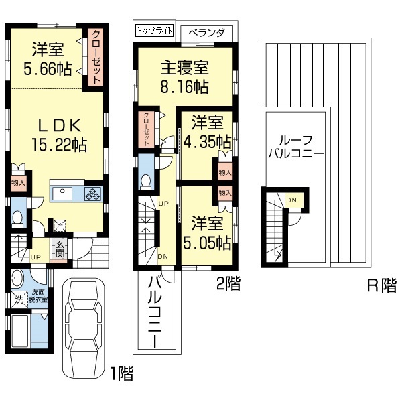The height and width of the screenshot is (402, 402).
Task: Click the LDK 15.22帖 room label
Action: (x=59, y=135)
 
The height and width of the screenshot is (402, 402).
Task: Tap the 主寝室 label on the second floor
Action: (x=185, y=68)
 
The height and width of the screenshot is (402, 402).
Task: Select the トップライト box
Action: (x=154, y=31)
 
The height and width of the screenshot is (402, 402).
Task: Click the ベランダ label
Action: (x=206, y=33)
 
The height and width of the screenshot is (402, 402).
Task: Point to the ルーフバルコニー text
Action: (x=296, y=147)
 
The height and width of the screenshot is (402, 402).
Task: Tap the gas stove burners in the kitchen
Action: (x=93, y=194)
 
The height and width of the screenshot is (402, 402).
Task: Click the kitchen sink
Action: (x=62, y=194)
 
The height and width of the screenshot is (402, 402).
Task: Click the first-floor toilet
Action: (x=17, y=218)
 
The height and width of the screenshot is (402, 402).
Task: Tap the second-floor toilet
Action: (x=145, y=182)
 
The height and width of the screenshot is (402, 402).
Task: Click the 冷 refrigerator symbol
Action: (x=60, y=226)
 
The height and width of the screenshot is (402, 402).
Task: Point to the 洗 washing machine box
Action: (x=19, y=299)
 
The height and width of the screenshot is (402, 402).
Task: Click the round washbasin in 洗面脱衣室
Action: (x=17, y=278)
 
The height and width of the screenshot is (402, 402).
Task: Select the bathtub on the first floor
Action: (x=17, y=331)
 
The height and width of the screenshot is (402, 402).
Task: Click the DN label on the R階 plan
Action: (x=291, y=200)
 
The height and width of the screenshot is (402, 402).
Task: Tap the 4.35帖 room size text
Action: (x=208, y=142)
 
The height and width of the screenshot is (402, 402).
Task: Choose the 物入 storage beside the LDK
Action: (x=18, y=183)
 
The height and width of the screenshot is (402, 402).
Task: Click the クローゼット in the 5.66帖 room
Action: (x=96, y=58)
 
